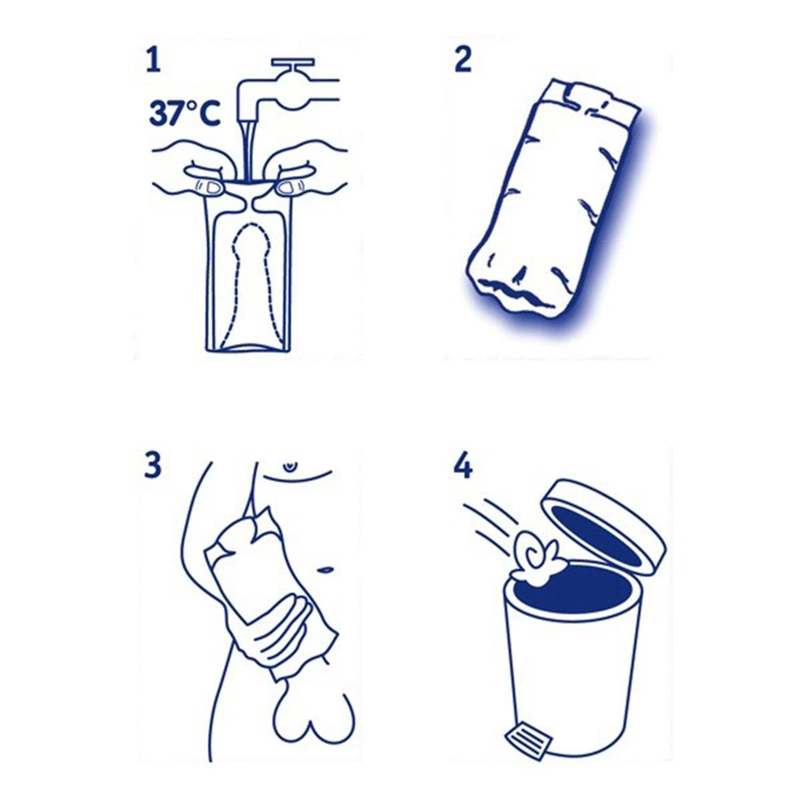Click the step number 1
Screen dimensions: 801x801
pyautogui.click(x=153, y=60)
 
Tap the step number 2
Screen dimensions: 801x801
pyautogui.click(x=463, y=60)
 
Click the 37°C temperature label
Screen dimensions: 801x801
pyautogui.click(x=184, y=113)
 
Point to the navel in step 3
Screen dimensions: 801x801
pyautogui.click(x=323, y=570)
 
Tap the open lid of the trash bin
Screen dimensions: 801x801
pyautogui.click(x=603, y=526)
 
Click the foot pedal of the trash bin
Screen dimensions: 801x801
pyautogui.click(x=525, y=740)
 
